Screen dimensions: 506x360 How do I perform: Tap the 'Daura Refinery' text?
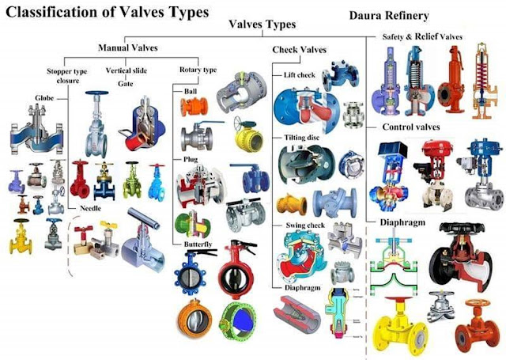click(x=388, y=15)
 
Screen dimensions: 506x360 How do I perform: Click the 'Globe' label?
click(x=43, y=100)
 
